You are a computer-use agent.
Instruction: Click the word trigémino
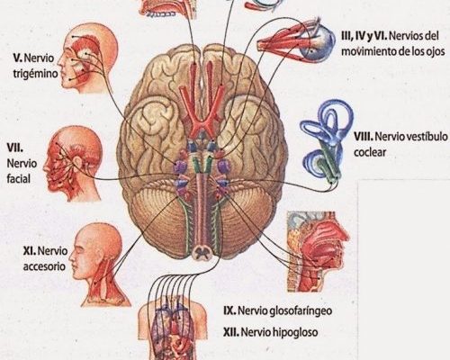[35, 74]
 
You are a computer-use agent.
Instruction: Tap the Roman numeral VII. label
[15, 148]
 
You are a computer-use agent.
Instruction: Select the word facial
[19, 179]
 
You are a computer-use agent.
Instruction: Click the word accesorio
[44, 266]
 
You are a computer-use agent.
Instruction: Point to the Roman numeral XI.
[29, 251]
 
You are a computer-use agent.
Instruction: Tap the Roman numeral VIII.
[364, 137]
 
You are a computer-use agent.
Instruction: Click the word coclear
[370, 152]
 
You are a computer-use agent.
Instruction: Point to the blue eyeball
[319, 45]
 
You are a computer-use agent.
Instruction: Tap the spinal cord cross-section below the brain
[202, 253]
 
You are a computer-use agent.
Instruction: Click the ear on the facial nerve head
[77, 162]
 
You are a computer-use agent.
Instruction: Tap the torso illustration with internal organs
[172, 328]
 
